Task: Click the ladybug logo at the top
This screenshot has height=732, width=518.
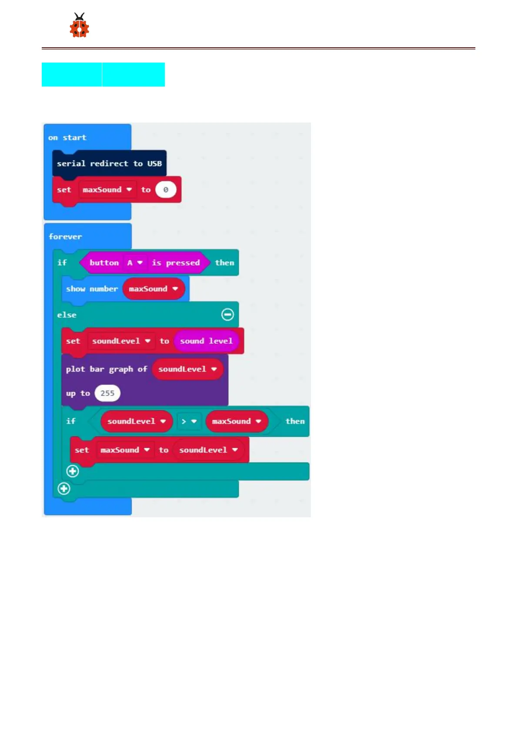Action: pos(79,26)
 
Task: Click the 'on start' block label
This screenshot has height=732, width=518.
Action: pos(67,138)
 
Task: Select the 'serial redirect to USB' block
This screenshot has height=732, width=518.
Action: pos(109,164)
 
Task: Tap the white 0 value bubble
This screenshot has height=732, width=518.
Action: pos(165,190)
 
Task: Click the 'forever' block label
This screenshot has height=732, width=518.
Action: pos(65,237)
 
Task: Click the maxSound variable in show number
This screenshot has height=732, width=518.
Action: pos(153,289)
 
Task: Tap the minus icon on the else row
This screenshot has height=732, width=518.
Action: pos(227,315)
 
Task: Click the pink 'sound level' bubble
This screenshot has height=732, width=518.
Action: pos(206,341)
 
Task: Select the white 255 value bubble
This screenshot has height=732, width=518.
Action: pos(107,393)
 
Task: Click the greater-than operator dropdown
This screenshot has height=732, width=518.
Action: pos(189,421)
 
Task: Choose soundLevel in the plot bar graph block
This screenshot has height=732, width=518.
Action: pos(187,369)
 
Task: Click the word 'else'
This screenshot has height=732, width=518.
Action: pos(67,315)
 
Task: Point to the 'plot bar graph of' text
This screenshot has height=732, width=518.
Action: pos(107,369)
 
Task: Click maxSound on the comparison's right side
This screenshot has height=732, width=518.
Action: pos(236,421)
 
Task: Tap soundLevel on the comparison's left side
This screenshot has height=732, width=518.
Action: pos(136,421)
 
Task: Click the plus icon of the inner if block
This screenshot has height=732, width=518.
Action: pos(73,471)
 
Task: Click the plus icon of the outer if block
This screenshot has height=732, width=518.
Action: pos(64,489)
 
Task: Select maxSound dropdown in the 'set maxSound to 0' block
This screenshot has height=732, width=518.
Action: pos(107,190)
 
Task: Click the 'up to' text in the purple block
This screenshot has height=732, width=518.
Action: pos(78,393)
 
